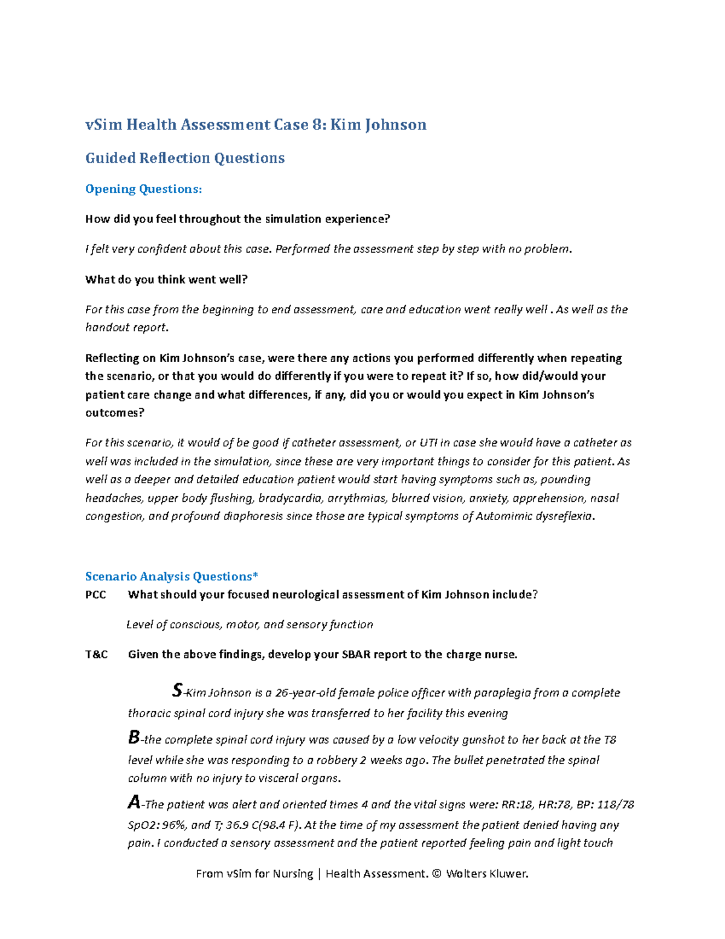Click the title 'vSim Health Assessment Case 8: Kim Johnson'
pos(256,125)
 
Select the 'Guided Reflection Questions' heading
pos(185,158)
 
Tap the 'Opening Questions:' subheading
pos(143,189)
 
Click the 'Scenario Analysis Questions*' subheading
pos(172,576)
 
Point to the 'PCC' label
pos(95,594)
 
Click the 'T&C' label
pos(97,654)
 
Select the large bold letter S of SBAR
pos(177,690)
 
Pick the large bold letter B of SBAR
pos(134,737)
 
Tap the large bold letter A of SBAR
pos(134,802)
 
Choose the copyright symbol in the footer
pos(437,874)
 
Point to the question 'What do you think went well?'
pos(167,279)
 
